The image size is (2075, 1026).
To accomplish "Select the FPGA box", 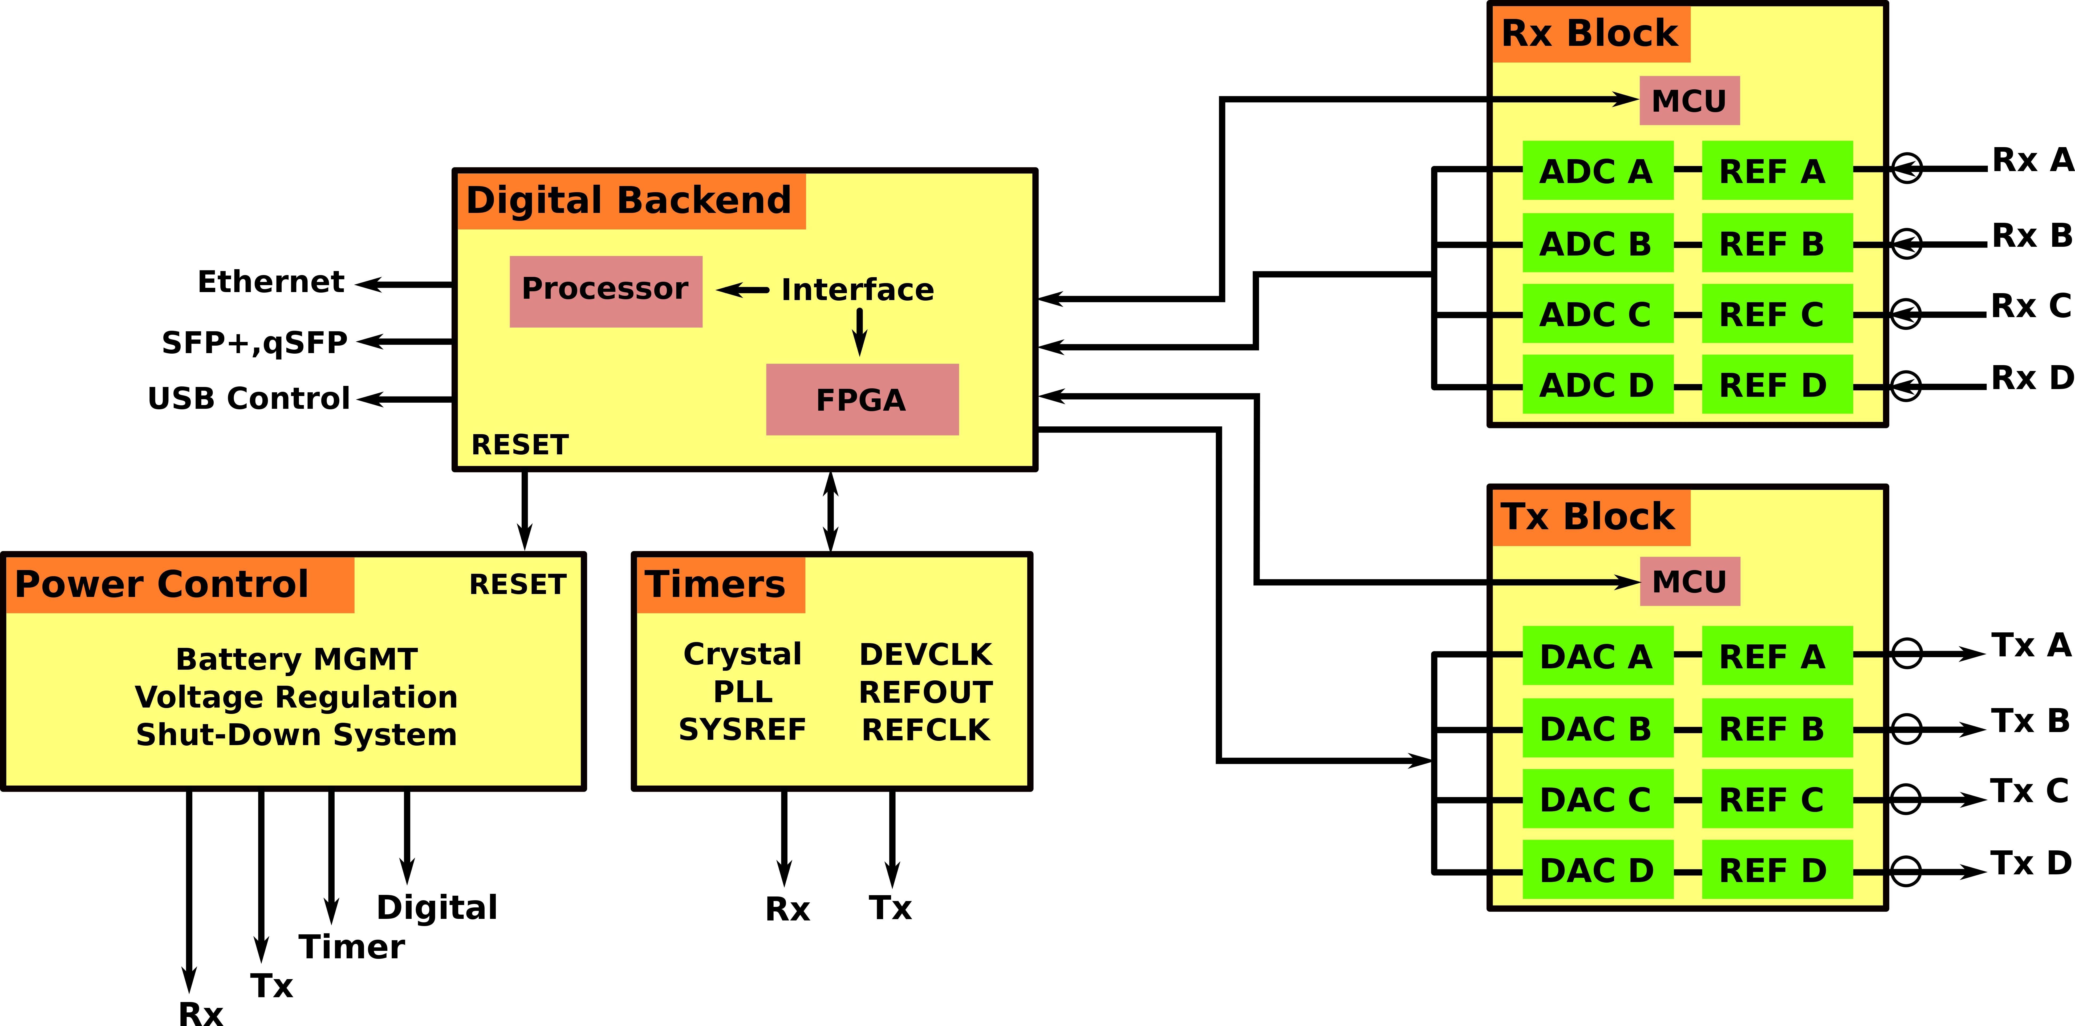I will (862, 400).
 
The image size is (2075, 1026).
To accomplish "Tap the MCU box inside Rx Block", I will (1689, 101).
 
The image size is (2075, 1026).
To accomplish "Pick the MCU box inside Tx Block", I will (1689, 581).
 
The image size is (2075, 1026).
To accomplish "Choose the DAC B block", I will (1597, 729).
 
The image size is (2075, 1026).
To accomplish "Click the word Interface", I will (857, 289).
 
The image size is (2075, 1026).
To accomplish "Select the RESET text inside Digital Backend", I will (519, 444).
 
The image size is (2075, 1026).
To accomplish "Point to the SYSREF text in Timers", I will (742, 729).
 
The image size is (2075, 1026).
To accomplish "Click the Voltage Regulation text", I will (297, 696).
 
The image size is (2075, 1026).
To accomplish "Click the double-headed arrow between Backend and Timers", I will (830, 511).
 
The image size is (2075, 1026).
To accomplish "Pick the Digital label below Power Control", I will (437, 907).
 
